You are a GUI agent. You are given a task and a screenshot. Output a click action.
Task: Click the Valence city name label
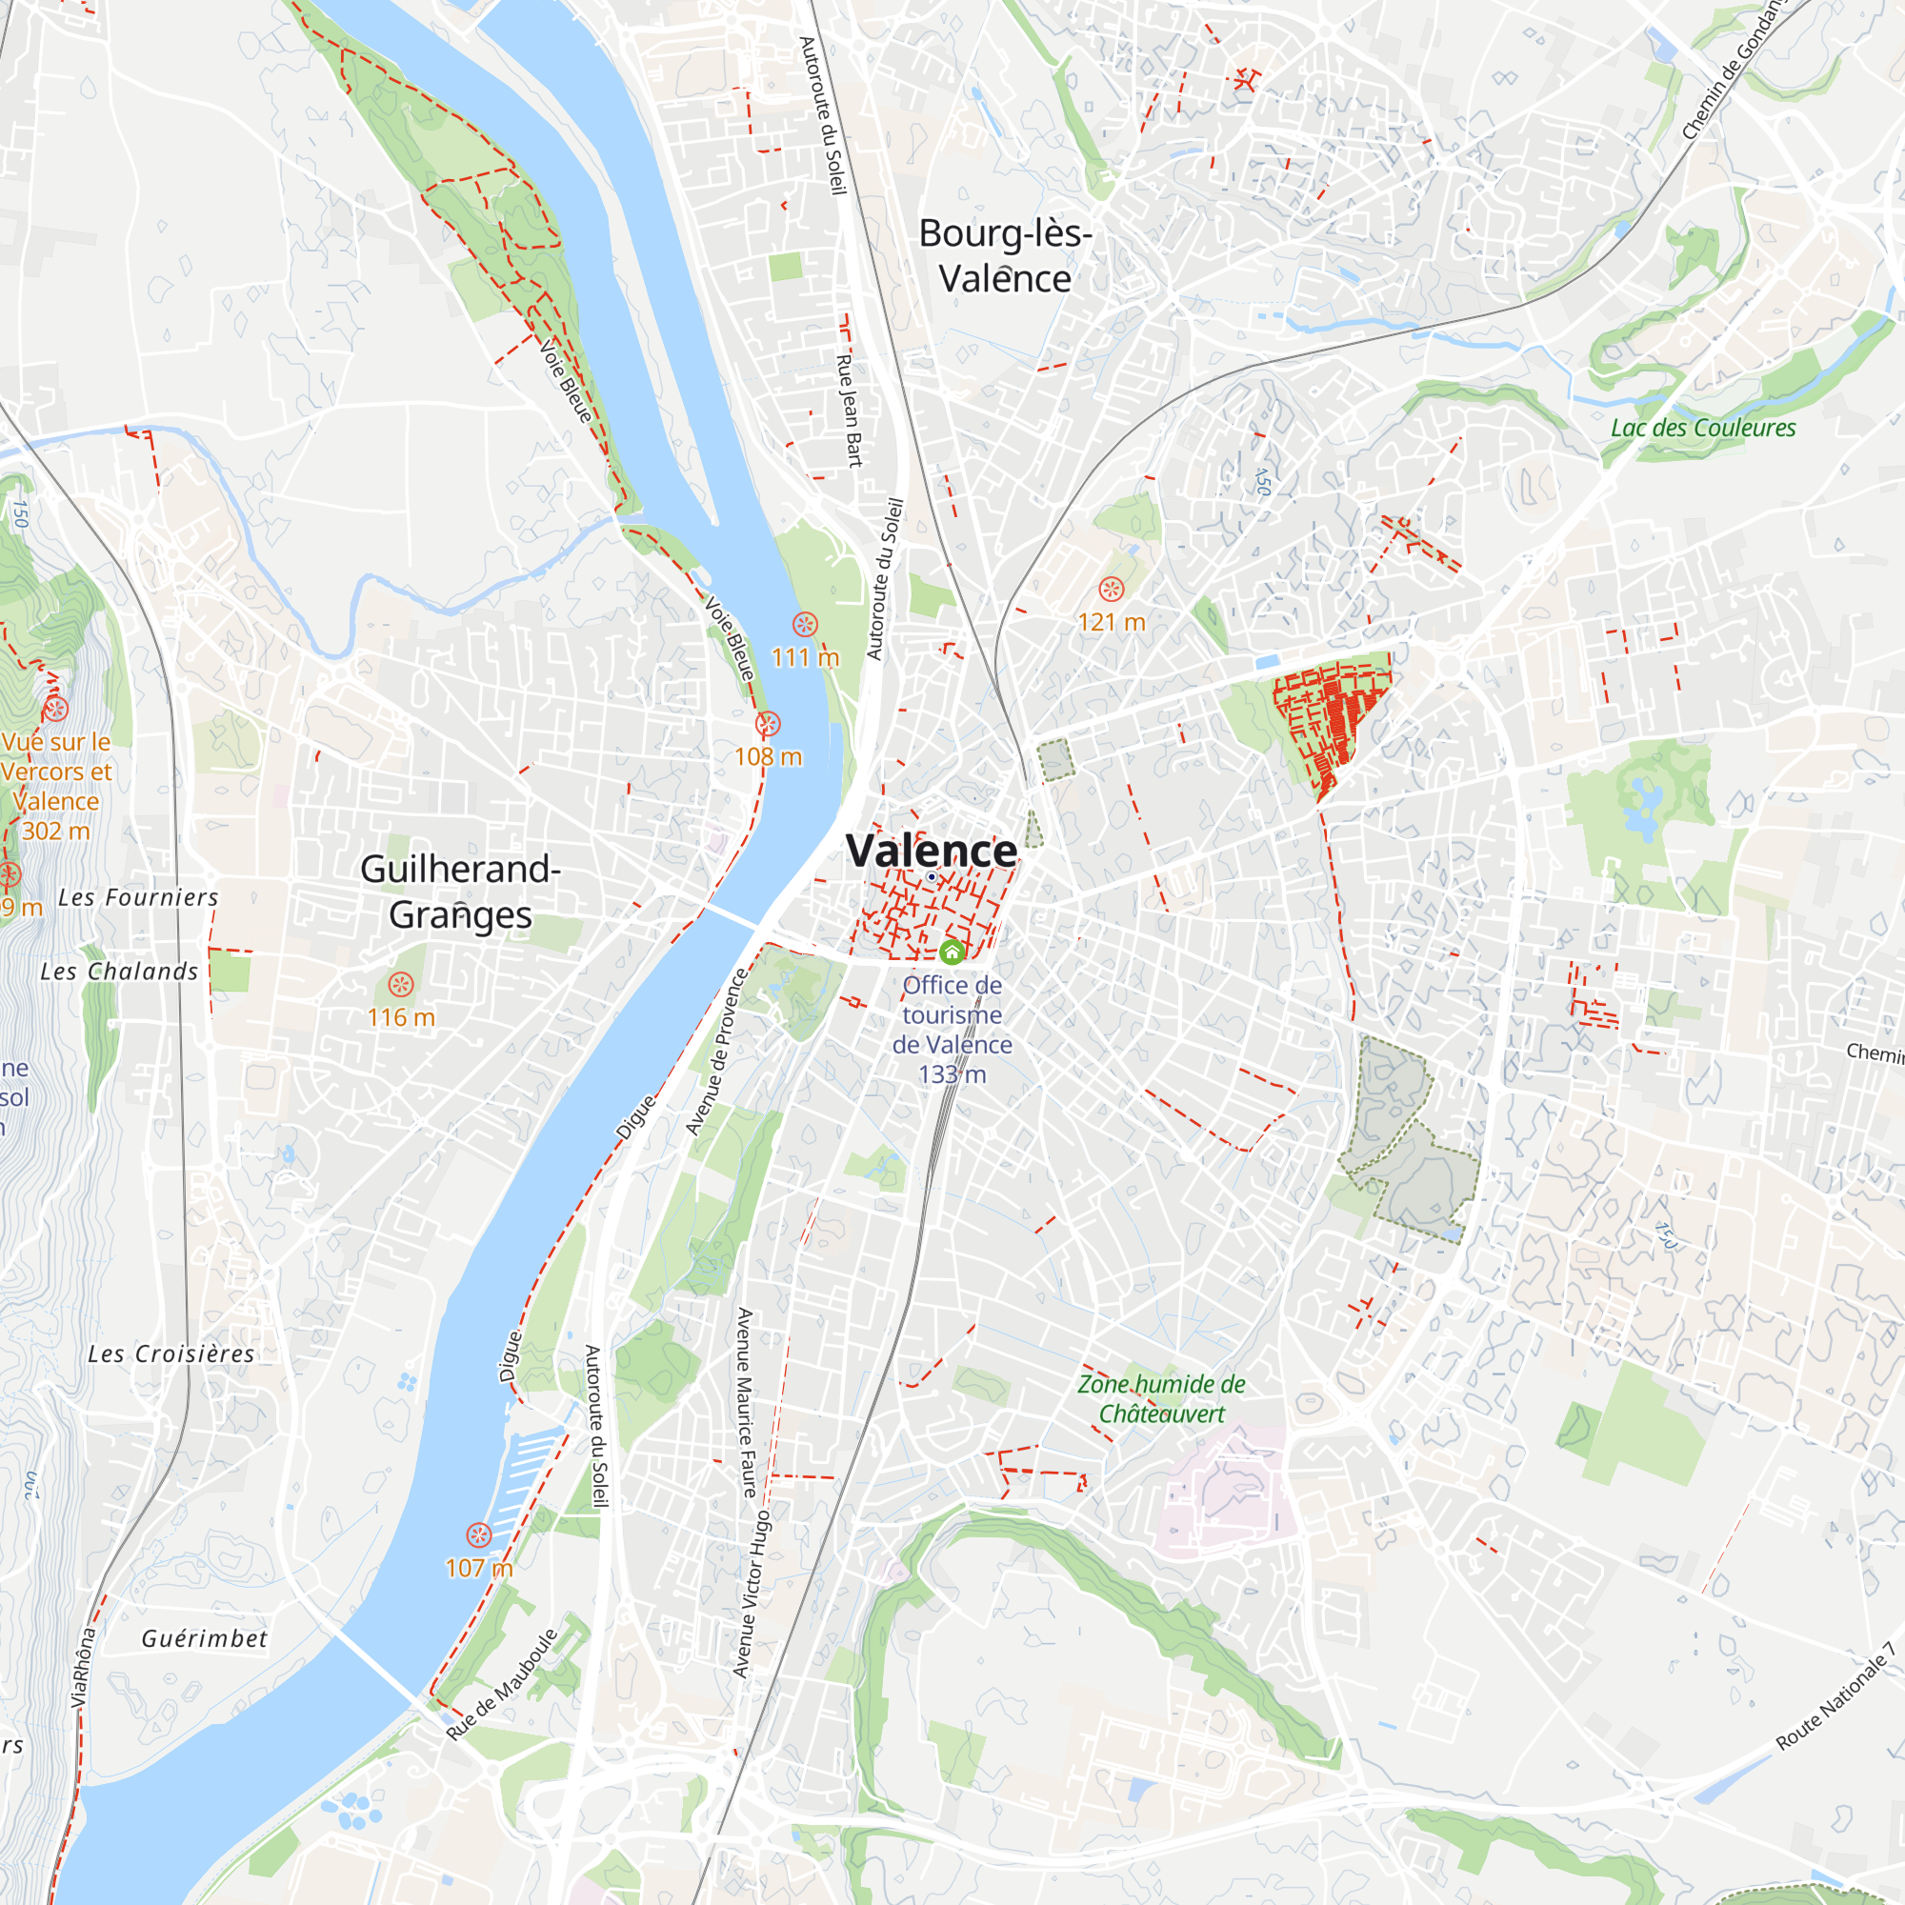(932, 851)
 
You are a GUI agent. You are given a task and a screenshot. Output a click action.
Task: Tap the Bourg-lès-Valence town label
(1005, 256)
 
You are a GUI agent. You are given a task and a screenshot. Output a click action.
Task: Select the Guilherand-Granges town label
(460, 892)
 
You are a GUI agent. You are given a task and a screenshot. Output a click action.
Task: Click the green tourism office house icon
(952, 952)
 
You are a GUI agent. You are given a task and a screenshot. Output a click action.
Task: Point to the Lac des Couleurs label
(1703, 428)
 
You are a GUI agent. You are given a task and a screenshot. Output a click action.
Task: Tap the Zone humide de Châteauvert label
(1160, 1398)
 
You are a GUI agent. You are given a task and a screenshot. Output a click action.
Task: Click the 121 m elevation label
(1112, 622)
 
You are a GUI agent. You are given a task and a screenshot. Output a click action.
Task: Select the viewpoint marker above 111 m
(805, 624)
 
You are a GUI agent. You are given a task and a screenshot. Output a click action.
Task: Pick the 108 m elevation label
(768, 757)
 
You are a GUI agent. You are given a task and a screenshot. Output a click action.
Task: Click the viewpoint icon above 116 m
(400, 985)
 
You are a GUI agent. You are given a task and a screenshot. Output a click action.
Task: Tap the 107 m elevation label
(479, 1568)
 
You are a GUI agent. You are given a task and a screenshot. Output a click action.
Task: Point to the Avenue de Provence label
(718, 1053)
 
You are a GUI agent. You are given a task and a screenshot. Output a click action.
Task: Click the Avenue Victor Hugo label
(751, 1594)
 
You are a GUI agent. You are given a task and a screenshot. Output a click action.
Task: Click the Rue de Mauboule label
(502, 1685)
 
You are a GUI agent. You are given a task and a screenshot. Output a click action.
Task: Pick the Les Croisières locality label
(171, 1354)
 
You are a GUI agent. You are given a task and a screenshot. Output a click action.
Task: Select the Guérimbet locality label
(204, 1638)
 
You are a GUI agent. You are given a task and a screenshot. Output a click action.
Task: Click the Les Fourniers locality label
(138, 897)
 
